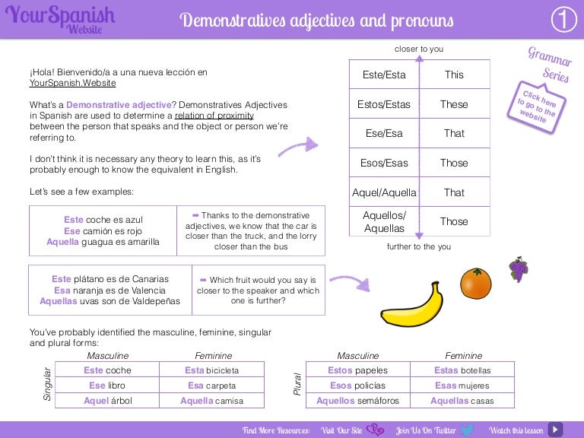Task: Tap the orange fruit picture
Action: [475, 283]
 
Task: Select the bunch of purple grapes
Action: [519, 269]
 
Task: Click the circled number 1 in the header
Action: [564, 19]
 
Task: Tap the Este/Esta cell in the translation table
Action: [384, 75]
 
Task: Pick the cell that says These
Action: [455, 104]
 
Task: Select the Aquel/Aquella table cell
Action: [384, 192]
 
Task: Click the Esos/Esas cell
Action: [384, 163]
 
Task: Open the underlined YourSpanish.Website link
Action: [73, 83]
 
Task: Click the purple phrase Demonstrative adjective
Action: [119, 105]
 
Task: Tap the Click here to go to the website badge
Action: [536, 107]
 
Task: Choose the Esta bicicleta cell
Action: [212, 370]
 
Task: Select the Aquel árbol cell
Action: [108, 401]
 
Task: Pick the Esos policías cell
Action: [358, 386]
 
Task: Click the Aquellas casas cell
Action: [462, 401]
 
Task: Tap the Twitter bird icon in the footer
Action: [468, 430]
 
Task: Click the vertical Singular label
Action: [47, 384]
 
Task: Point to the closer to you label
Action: [419, 49]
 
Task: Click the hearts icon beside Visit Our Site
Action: [375, 430]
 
